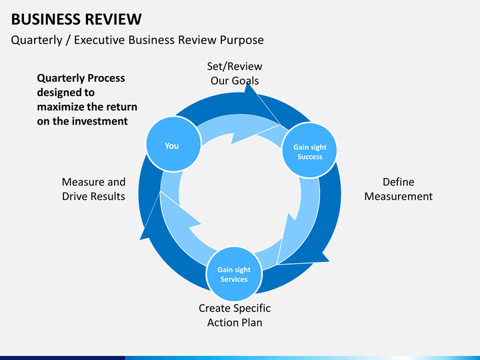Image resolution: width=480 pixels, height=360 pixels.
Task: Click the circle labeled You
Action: [173, 144]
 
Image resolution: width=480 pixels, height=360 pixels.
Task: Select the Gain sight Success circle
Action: [309, 150]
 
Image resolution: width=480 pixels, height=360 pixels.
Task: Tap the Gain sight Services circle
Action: [234, 274]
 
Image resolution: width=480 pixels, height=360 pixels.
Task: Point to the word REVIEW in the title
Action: [113, 19]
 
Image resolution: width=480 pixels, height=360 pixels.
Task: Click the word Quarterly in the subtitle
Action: [37, 41]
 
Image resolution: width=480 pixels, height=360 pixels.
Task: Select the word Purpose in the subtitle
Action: [242, 40]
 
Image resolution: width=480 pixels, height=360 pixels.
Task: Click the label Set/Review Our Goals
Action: [235, 73]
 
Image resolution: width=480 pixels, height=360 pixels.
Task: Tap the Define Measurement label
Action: [398, 189]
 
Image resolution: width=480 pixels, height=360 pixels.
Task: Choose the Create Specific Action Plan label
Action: [235, 315]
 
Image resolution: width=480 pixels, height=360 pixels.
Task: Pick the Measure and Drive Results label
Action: [93, 189]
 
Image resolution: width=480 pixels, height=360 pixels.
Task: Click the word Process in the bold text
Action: [106, 79]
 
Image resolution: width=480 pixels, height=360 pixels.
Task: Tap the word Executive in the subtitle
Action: [99, 40]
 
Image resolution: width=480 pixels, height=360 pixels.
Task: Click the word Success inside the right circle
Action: [310, 157]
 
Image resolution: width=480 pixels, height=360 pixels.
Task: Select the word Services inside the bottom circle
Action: [234, 279]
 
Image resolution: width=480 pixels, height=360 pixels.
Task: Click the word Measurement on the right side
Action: [398, 196]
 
